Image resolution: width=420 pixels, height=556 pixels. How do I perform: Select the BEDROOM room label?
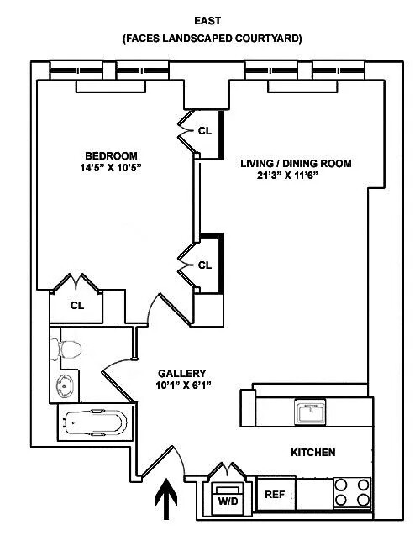coord(111,155)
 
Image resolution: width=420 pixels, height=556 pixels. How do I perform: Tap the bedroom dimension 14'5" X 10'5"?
coord(111,168)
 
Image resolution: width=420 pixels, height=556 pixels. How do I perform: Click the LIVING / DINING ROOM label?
coord(295,163)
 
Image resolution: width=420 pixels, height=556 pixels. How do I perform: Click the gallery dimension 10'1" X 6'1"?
coord(181,386)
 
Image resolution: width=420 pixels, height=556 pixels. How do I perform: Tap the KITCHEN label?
coord(312,453)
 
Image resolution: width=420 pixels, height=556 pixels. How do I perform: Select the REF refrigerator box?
coord(275,495)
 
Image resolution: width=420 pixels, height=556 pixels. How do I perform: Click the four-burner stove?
coord(352,492)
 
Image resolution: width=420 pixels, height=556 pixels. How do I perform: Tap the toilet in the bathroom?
coord(71,348)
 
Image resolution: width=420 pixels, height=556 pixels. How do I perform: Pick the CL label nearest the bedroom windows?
coord(205,131)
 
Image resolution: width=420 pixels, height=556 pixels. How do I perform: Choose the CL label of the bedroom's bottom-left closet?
coord(77,306)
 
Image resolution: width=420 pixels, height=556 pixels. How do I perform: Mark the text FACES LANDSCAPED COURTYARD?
coord(212,39)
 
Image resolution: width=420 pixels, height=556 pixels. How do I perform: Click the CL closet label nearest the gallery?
coord(205,265)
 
